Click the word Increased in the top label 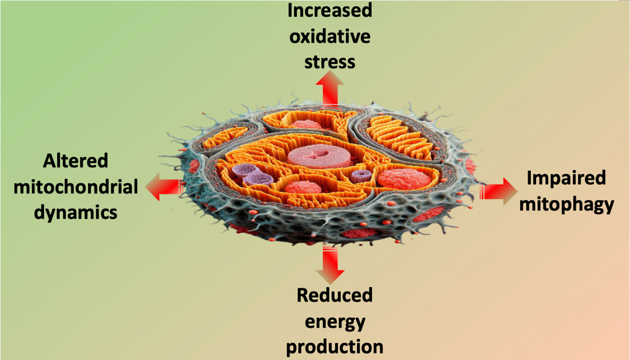pyautogui.click(x=329, y=10)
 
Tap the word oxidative pyautogui.click(x=329, y=36)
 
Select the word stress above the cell pyautogui.click(x=329, y=61)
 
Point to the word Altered pyautogui.click(x=75, y=161)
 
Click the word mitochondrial pyautogui.click(x=76, y=187)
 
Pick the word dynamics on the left pyautogui.click(x=75, y=213)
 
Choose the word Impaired pyautogui.click(x=566, y=178)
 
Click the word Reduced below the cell pyautogui.click(x=335, y=295)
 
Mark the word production pyautogui.click(x=335, y=347)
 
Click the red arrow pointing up pyautogui.click(x=329, y=89)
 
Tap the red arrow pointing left pyautogui.click(x=163, y=187)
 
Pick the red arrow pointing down pyautogui.click(x=329, y=266)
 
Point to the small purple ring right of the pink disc pyautogui.click(x=361, y=176)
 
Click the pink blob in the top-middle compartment pyautogui.click(x=306, y=125)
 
